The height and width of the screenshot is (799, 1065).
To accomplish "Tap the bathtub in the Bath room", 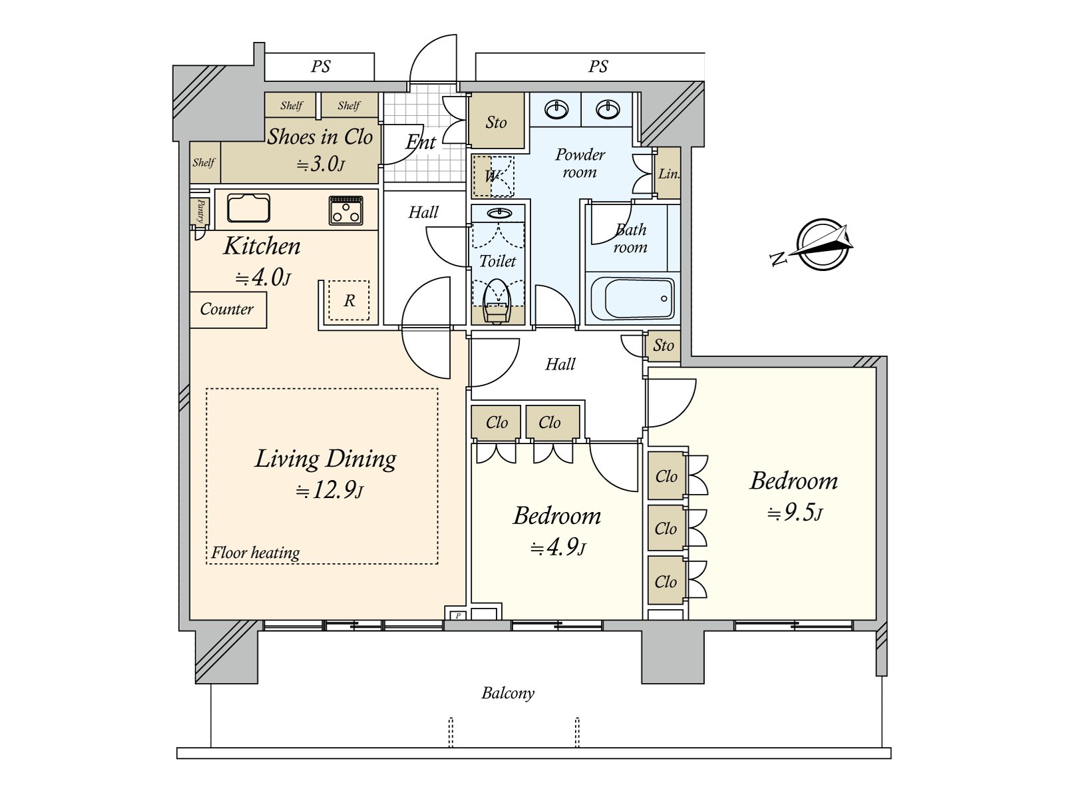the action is pyautogui.click(x=632, y=298).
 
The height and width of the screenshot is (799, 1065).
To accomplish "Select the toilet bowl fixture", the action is pyautogui.click(x=497, y=301).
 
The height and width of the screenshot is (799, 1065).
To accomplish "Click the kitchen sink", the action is pyautogui.click(x=248, y=208).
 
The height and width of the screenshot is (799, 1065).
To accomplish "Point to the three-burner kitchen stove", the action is pyautogui.click(x=346, y=210).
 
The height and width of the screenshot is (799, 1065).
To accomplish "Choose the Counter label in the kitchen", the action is pyautogui.click(x=226, y=309).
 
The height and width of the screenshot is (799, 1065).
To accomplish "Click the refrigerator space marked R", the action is pyautogui.click(x=349, y=300).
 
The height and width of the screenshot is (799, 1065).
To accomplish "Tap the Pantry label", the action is pyautogui.click(x=200, y=212).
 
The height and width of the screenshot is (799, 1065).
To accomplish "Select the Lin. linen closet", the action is pyautogui.click(x=668, y=173).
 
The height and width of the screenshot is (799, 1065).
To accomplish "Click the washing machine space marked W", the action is pyautogui.click(x=493, y=176).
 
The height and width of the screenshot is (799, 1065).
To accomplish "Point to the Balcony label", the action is pyautogui.click(x=507, y=693).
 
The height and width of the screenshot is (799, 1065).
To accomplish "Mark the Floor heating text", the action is pyautogui.click(x=256, y=553).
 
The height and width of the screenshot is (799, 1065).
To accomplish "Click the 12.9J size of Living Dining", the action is pyautogui.click(x=329, y=491).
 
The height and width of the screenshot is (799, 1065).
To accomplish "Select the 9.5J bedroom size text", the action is pyautogui.click(x=794, y=512).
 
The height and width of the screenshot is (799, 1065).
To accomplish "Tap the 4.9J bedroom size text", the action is pyautogui.click(x=558, y=547).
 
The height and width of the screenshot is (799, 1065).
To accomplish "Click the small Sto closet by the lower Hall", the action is pyautogui.click(x=663, y=346).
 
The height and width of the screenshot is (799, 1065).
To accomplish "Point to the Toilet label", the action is pyautogui.click(x=497, y=261).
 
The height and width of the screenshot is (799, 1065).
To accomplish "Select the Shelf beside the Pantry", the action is pyautogui.click(x=204, y=162).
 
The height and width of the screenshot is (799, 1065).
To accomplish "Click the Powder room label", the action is pyautogui.click(x=580, y=164).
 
